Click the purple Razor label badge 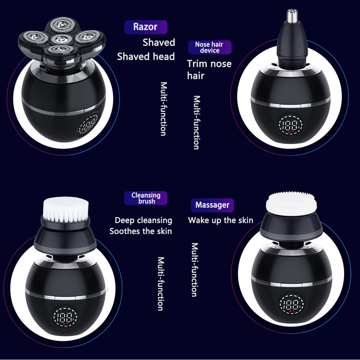coord(145,27)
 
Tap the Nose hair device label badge coord(210,48)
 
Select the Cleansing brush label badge coord(145,198)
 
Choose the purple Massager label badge coord(212,205)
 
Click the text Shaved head coord(146,57)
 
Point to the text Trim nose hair coord(209,69)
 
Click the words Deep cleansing coord(143,220)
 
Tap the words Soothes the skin coord(141,231)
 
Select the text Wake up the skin coord(220,220)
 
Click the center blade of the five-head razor coord(59,39)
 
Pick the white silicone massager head coord(291,202)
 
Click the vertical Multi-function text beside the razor coord(163,109)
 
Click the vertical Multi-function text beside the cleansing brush coord(161,283)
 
